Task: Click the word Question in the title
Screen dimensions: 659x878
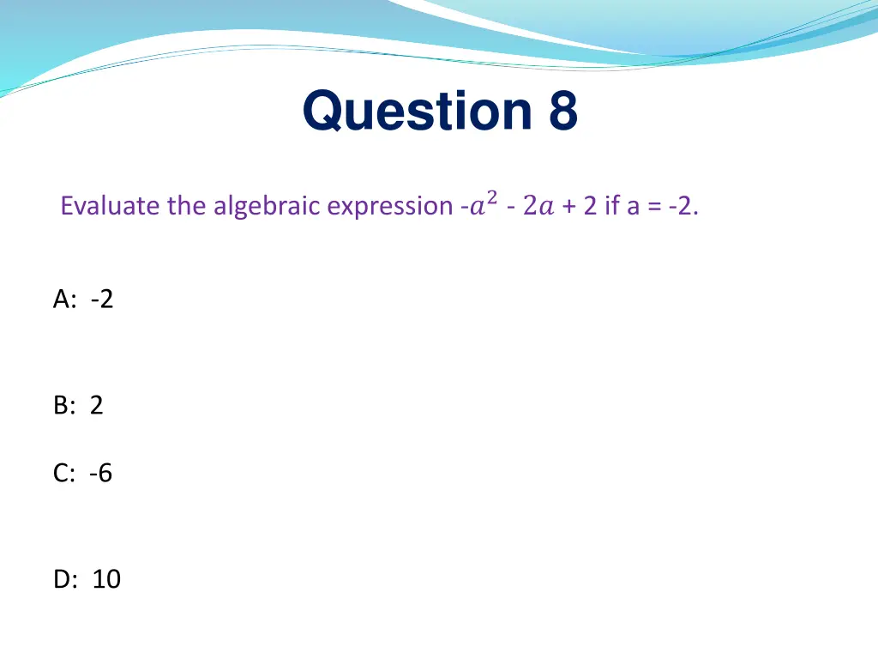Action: pyautogui.click(x=417, y=112)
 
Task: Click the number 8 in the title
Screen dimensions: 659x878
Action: pyautogui.click(x=560, y=112)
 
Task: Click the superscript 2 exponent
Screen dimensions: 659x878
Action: pyautogui.click(x=490, y=198)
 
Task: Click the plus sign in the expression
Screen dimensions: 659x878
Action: pyautogui.click(x=569, y=207)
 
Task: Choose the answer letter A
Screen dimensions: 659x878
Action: pyautogui.click(x=63, y=299)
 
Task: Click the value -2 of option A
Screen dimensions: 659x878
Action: pyautogui.click(x=101, y=299)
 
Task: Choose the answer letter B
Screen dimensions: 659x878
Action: pyautogui.click(x=63, y=405)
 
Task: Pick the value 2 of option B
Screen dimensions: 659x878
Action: pyautogui.click(x=96, y=405)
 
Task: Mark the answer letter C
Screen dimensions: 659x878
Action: pyautogui.click(x=63, y=473)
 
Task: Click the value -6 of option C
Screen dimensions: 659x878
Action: pyautogui.click(x=100, y=473)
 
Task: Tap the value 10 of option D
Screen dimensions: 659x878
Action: pyautogui.click(x=106, y=579)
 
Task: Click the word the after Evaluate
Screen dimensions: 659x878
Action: pyautogui.click(x=186, y=207)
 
